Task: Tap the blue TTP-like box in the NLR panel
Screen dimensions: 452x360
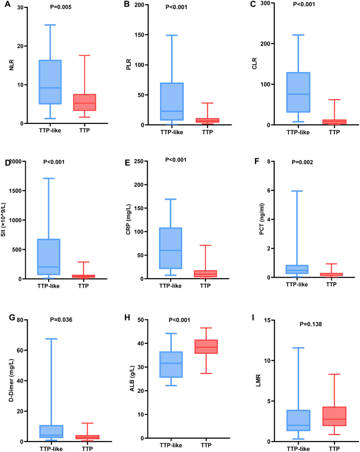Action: coord(50,82)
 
